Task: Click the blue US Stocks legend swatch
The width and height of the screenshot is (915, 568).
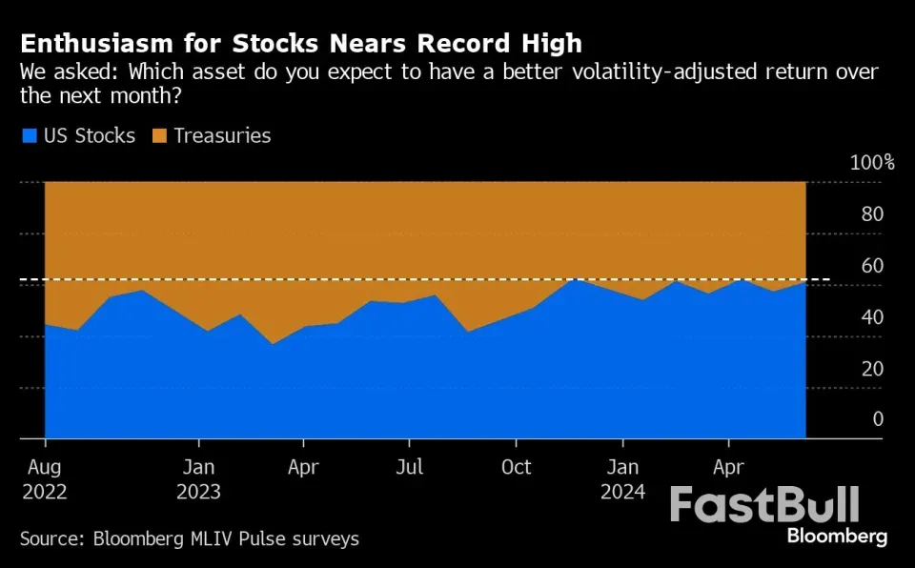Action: click(x=29, y=136)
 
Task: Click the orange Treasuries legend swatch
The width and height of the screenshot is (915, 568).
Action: click(x=159, y=136)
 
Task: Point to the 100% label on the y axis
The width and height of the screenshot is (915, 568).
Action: click(x=872, y=162)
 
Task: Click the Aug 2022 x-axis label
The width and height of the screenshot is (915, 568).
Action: click(x=45, y=479)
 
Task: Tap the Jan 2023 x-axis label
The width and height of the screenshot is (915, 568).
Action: click(x=199, y=479)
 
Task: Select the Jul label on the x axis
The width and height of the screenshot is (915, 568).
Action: click(x=409, y=468)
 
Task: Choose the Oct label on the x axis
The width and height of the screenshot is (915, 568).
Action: click(x=516, y=468)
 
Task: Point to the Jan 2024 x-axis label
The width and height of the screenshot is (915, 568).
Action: click(x=622, y=479)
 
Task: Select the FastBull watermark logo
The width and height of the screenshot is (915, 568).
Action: click(x=764, y=504)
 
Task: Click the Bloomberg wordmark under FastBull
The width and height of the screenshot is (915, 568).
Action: click(x=837, y=537)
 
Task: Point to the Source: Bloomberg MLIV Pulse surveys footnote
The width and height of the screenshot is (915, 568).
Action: click(x=190, y=539)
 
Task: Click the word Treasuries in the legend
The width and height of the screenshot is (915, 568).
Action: click(x=223, y=136)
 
